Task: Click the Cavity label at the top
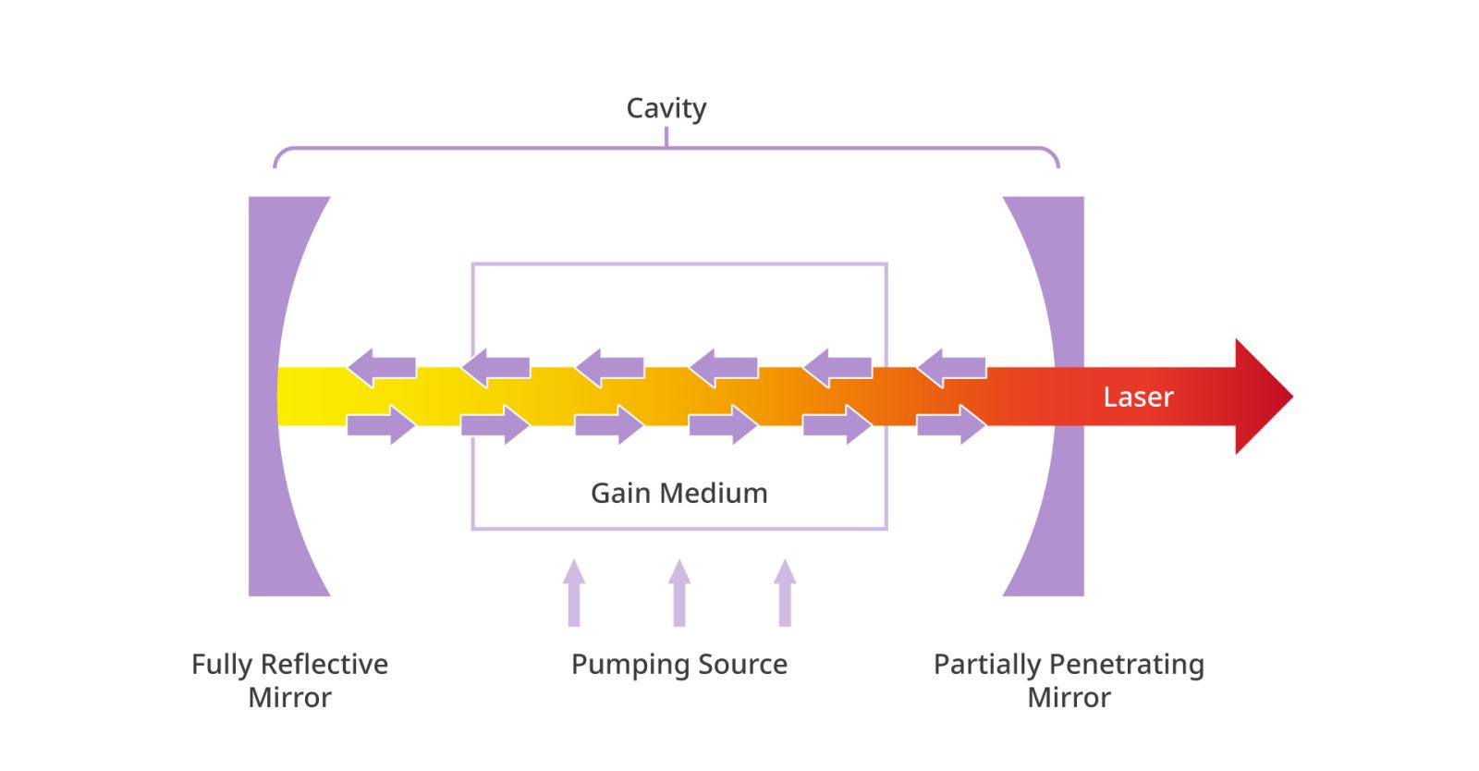tap(666, 108)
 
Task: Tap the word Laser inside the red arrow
tap(1138, 398)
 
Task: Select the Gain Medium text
tap(678, 493)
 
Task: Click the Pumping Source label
tap(678, 664)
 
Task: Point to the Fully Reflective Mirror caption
tap(289, 679)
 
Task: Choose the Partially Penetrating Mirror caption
tap(1069, 679)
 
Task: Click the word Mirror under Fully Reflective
tap(289, 697)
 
